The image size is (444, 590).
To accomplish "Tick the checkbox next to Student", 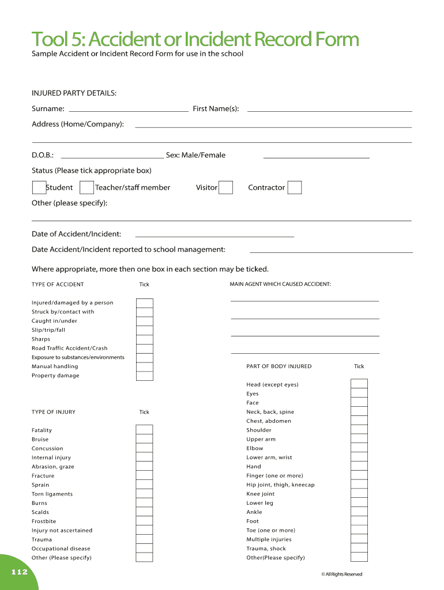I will click(39, 188).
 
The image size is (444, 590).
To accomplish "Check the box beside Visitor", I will click(226, 188).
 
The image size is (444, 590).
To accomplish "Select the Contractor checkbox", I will click(295, 188).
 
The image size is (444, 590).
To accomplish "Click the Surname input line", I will click(128, 109).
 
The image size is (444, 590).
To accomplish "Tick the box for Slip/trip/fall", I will click(145, 330).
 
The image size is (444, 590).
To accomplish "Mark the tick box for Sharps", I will click(145, 339).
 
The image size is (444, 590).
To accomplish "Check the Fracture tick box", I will click(144, 476).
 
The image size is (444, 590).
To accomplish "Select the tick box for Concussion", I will click(144, 448).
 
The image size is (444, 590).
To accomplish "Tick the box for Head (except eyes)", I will click(359, 384).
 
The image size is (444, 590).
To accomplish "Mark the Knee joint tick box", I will click(359, 494).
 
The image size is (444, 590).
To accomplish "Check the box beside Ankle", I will click(359, 512).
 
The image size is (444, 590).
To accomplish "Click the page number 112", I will click(18, 572).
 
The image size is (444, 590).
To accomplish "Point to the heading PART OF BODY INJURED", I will click(279, 366).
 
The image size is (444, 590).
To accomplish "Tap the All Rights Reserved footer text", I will click(342, 574).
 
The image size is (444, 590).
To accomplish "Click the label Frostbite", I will click(44, 521).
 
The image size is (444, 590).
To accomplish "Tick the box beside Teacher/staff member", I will click(87, 188).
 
